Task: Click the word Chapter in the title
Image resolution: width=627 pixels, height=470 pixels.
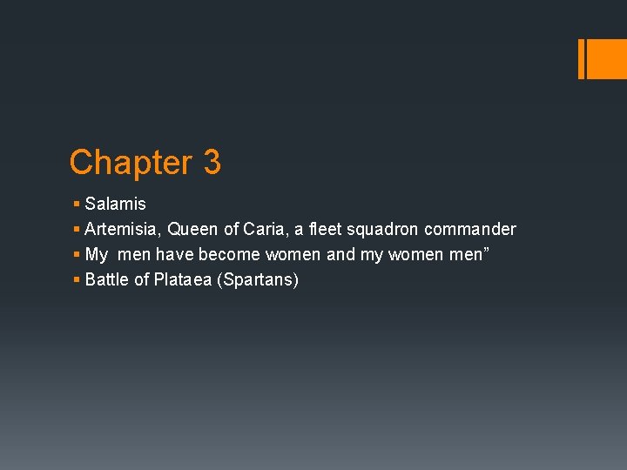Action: coord(130,163)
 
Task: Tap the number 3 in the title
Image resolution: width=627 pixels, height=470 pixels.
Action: coord(212,163)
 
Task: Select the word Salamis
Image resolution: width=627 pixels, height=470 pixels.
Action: coord(116,205)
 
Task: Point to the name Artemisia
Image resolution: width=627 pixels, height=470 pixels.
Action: coord(121,230)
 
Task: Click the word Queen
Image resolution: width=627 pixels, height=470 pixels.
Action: coord(192,230)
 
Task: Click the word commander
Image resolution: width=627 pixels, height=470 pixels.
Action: coord(470,230)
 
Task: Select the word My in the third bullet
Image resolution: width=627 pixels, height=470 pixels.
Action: coord(97,255)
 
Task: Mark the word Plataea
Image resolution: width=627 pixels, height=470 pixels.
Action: coord(184,280)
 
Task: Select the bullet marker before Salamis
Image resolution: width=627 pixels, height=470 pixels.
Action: coord(78,205)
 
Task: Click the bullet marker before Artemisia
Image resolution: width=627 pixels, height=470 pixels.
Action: coord(78,230)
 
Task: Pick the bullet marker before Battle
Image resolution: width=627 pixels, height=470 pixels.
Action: coord(78,280)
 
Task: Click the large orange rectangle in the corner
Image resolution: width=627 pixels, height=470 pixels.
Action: coord(602,58)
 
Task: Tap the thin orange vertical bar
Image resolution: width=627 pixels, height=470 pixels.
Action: coord(581,58)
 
